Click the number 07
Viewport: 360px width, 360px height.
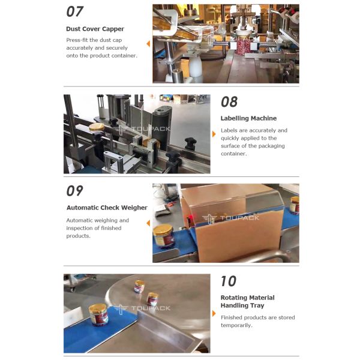[x=75, y=11]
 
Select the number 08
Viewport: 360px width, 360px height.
[x=229, y=101]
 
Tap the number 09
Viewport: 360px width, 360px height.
[x=75, y=191]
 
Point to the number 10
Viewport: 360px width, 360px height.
[x=229, y=281]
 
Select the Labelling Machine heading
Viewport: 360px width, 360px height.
[x=248, y=118]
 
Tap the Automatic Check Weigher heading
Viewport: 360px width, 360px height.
[x=107, y=208]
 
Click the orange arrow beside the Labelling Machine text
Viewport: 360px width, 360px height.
[x=214, y=134]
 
